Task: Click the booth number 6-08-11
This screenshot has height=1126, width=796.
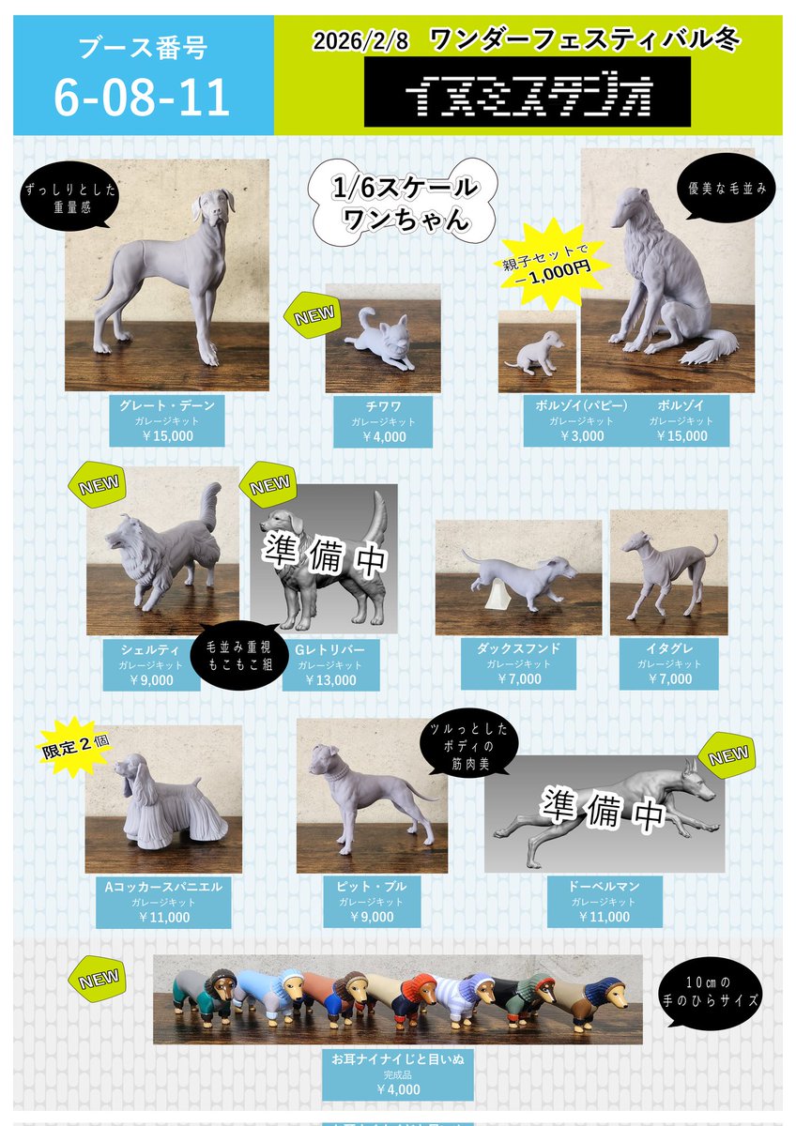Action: pos(142,99)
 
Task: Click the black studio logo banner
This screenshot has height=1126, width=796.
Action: pos(528,92)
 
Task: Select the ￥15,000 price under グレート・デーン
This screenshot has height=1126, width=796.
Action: pos(167,435)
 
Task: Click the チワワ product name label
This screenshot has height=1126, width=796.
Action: pos(382,405)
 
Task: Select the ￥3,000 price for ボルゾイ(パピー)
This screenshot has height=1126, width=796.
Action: pos(582,435)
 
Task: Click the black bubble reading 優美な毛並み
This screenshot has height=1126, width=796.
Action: pos(721,188)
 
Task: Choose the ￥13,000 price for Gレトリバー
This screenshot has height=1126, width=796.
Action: pos(330,680)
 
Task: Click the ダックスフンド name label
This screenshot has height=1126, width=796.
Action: pos(518,647)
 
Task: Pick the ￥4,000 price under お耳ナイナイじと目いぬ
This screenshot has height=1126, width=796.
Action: pos(397,1089)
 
